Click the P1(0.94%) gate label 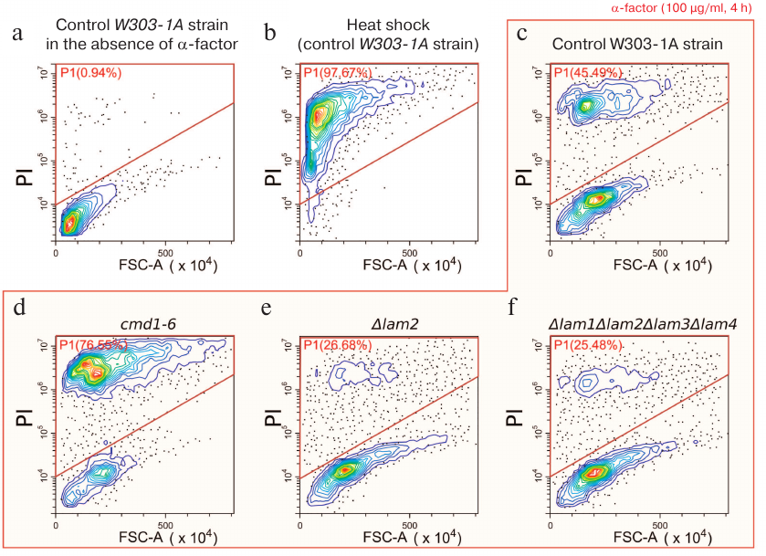[89, 71]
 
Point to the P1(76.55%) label [92, 343]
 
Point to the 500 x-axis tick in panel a [165, 254]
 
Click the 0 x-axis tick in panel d [58, 526]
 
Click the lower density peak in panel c [595, 199]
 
